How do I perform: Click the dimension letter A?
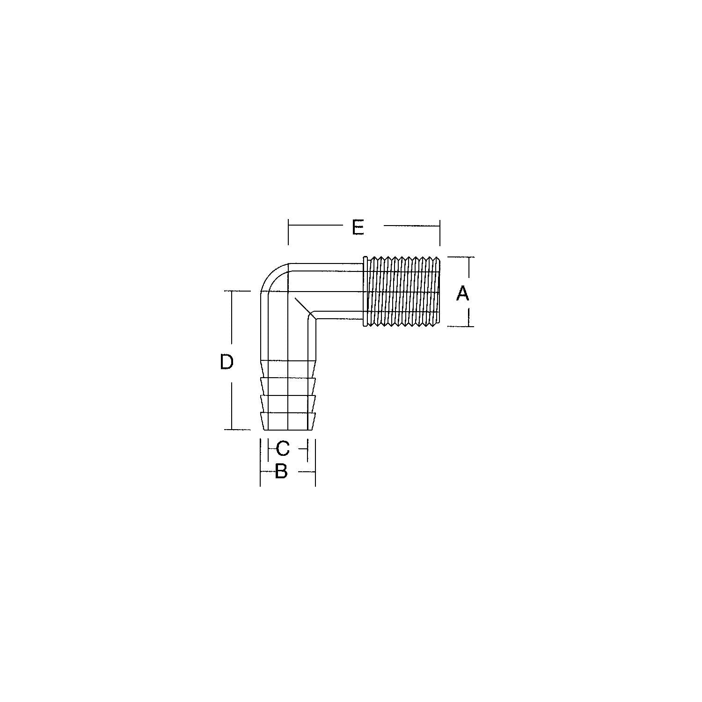pyautogui.click(x=462, y=294)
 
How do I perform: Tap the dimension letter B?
pyautogui.click(x=281, y=471)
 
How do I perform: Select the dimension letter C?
pyautogui.click(x=283, y=448)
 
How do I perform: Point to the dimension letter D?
pyautogui.click(x=227, y=362)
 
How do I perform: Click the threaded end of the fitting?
pyautogui.click(x=402, y=291)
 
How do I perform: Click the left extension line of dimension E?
pyautogui.click(x=288, y=232)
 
